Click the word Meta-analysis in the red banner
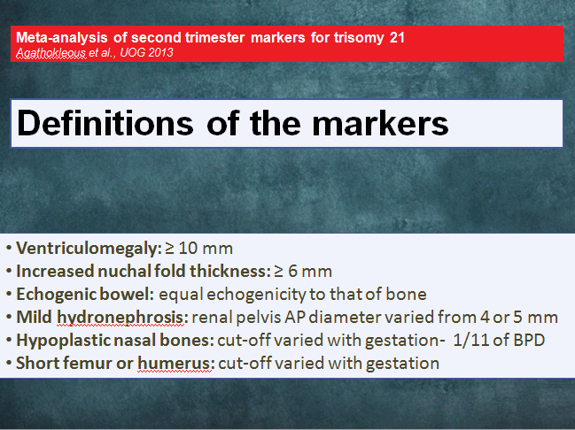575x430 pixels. [x=62, y=37]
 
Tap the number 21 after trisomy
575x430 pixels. [x=397, y=37]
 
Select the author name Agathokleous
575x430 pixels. [x=51, y=53]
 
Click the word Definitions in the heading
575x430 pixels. [x=105, y=123]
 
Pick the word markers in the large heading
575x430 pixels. [x=380, y=123]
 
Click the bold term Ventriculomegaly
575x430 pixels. [x=89, y=249]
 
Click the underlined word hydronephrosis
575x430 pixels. [x=120, y=318]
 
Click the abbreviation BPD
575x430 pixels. [x=529, y=341]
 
